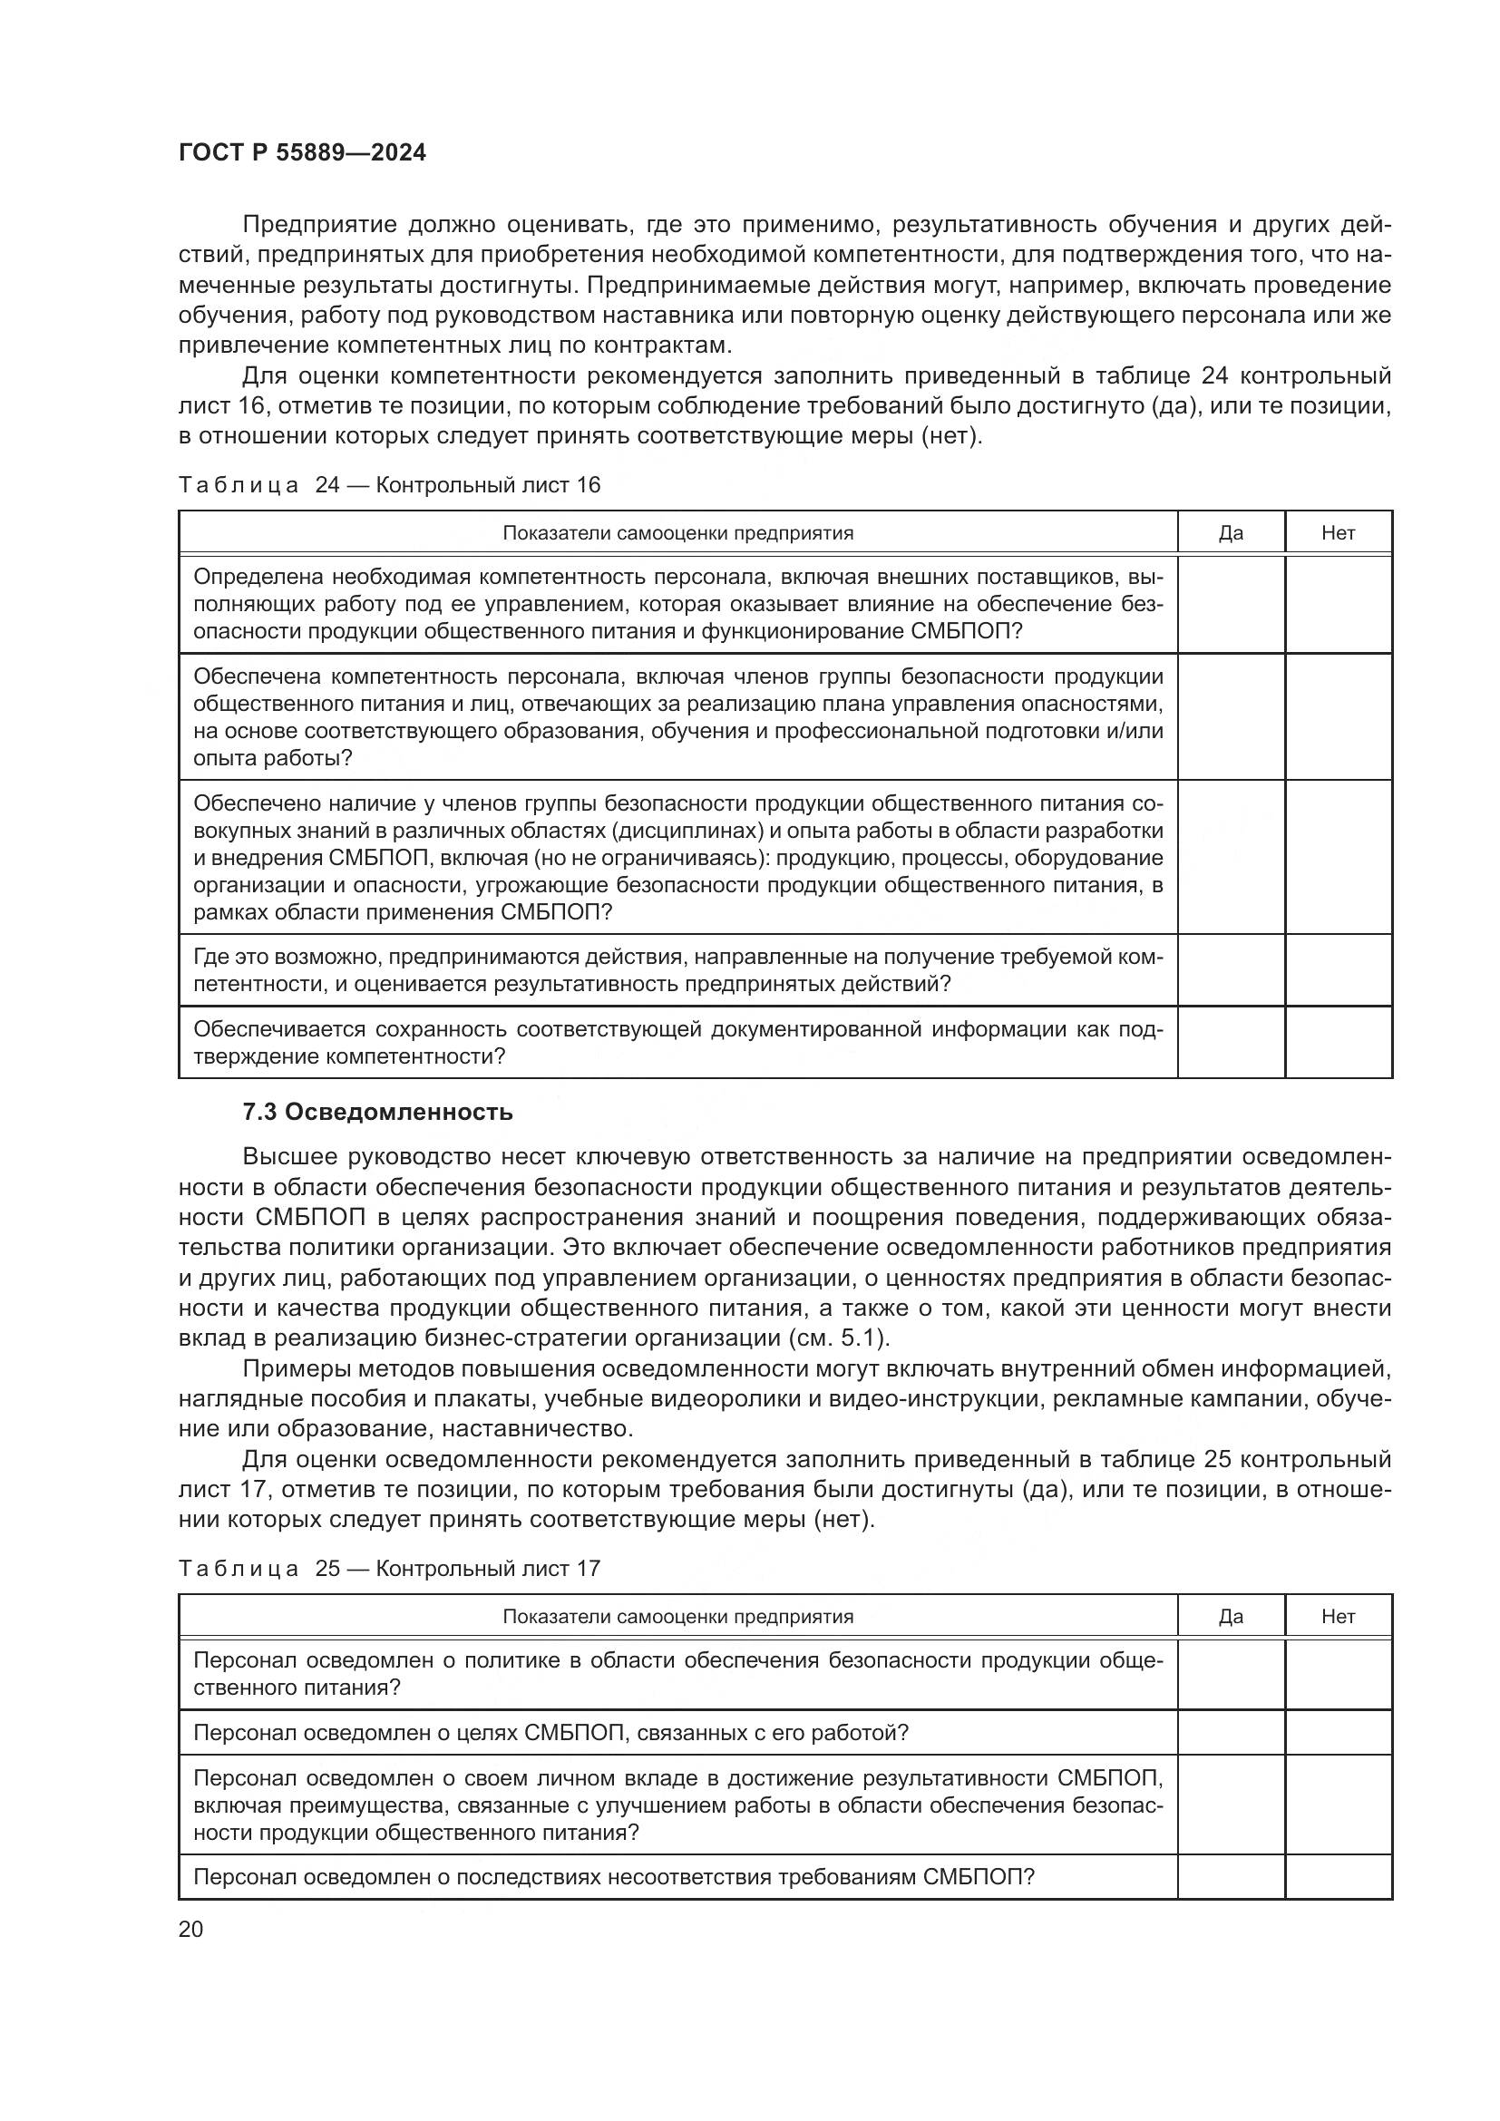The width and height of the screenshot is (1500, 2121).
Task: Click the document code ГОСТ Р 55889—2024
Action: pyautogui.click(x=302, y=153)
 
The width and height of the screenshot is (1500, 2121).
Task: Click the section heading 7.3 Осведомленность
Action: pyautogui.click(x=377, y=1113)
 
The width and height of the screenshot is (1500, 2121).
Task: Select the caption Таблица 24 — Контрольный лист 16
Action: pyautogui.click(x=389, y=485)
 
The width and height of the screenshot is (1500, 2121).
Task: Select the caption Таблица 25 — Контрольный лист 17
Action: pyautogui.click(x=389, y=1569)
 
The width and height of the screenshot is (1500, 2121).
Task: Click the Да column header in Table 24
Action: pyautogui.click(x=1231, y=533)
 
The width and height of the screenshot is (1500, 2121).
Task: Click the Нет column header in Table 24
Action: pyautogui.click(x=1338, y=533)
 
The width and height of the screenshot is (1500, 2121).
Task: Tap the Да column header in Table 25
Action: pyautogui.click(x=1231, y=1617)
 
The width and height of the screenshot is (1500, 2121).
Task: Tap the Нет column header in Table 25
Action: pyautogui.click(x=1338, y=1617)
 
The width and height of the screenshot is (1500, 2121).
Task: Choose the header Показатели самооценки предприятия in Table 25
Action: pyautogui.click(x=677, y=1617)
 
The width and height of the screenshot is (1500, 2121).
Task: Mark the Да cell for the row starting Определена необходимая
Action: pyautogui.click(x=1231, y=604)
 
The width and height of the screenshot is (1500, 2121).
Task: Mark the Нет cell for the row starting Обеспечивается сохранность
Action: pyautogui.click(x=1338, y=1042)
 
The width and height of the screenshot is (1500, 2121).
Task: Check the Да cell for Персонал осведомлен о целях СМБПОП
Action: pyautogui.click(x=1231, y=1733)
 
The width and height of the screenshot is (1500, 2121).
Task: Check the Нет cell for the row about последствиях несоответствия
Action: pyautogui.click(x=1338, y=1877)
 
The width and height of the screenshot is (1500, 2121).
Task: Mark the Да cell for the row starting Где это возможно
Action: pyautogui.click(x=1231, y=970)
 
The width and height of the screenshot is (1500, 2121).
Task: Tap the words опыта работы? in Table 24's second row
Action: pyautogui.click(x=272, y=758)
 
